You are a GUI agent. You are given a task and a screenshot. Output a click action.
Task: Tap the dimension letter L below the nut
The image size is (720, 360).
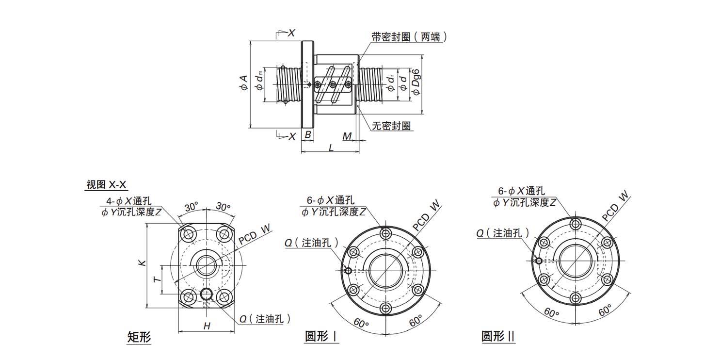331,148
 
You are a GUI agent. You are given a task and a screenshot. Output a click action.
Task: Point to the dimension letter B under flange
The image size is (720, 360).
307,135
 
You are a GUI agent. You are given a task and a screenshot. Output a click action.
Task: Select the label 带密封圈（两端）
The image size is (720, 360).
409,37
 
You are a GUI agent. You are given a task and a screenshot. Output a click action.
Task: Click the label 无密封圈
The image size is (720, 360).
392,126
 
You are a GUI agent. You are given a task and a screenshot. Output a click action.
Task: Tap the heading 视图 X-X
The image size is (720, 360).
106,184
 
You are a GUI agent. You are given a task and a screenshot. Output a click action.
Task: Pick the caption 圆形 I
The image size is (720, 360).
321,337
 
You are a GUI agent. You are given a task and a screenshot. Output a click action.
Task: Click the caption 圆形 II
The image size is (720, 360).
498,337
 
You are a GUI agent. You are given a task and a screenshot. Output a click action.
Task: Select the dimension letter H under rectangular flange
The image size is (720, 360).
207,327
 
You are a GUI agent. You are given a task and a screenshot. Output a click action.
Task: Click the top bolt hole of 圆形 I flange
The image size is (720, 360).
386,233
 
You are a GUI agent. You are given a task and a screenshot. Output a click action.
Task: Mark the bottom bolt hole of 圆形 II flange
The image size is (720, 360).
576,298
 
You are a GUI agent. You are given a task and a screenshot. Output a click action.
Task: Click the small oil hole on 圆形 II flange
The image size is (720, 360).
539,261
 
